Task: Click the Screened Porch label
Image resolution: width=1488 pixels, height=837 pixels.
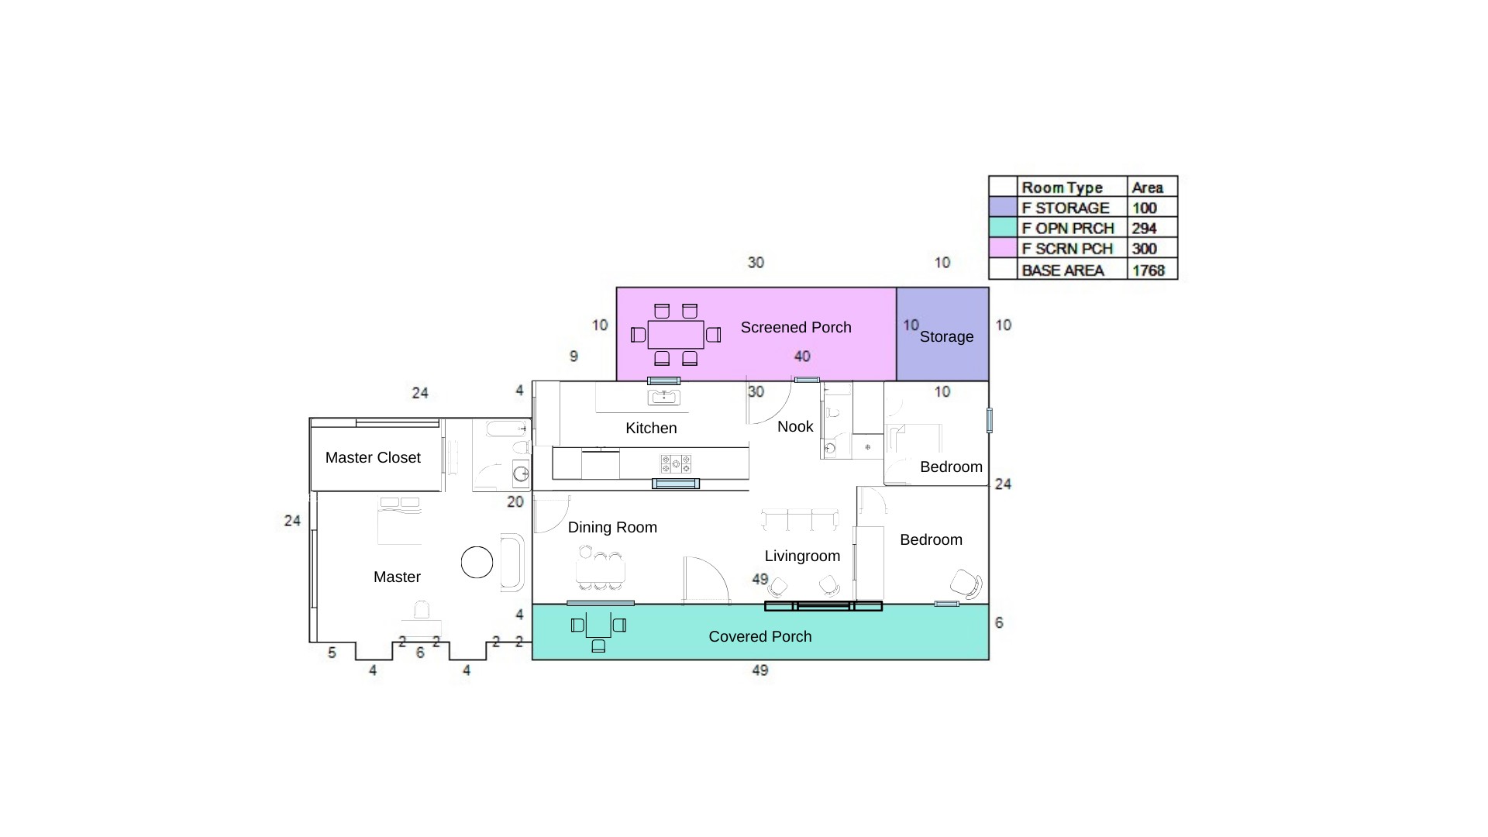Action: [x=796, y=327]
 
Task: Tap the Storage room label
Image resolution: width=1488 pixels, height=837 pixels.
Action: [x=946, y=336]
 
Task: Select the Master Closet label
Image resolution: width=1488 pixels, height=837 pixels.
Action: [x=373, y=457]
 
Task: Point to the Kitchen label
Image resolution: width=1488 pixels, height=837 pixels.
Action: [x=651, y=428]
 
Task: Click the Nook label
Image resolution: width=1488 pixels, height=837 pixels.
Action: [x=795, y=426]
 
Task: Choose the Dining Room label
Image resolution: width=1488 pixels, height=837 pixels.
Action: [x=612, y=527]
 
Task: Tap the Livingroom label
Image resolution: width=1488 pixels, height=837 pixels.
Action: [x=802, y=556]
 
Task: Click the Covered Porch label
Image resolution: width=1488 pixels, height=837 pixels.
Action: [x=760, y=636]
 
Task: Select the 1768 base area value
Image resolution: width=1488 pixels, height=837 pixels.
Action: [x=1149, y=270]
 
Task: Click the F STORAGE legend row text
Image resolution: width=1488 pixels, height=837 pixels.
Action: [x=1066, y=208]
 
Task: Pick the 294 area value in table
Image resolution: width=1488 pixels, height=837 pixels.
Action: [x=1144, y=229]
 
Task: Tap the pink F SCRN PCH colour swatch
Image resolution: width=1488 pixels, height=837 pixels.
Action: [x=1003, y=249]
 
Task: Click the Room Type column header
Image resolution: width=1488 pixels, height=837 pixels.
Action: [x=1062, y=188]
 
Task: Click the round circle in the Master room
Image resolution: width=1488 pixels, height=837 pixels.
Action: [x=477, y=563]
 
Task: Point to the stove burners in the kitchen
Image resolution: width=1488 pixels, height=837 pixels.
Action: [x=675, y=464]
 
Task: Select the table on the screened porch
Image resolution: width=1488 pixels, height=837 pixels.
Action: [x=676, y=335]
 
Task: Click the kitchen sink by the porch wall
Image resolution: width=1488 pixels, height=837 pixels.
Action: [x=664, y=398]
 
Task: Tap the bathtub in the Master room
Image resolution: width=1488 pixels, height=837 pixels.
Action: [x=512, y=563]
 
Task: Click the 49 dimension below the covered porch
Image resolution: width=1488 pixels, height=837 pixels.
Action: [x=760, y=670]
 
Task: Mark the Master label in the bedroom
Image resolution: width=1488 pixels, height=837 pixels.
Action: [x=397, y=577]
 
